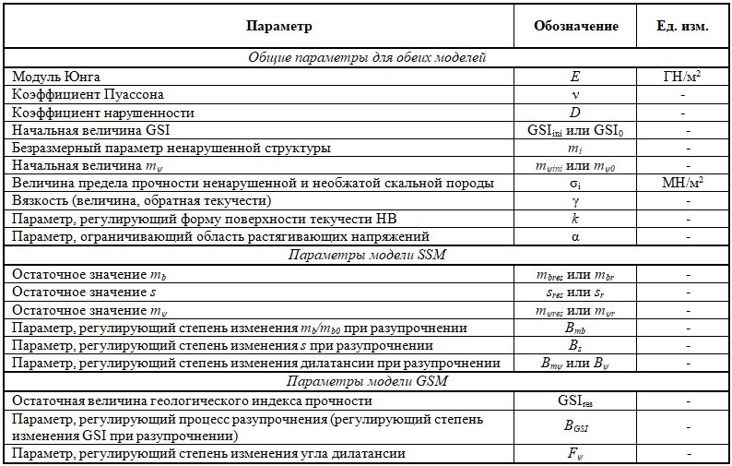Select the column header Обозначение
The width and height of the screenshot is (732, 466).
pos(576,27)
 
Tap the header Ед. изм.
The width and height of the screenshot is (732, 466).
pos(683,27)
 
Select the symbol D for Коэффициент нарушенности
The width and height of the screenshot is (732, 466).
pos(576,113)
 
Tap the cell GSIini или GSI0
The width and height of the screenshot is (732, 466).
pos(576,130)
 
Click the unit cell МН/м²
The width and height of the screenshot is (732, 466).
pos(682,183)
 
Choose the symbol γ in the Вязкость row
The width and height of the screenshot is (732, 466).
pos(576,200)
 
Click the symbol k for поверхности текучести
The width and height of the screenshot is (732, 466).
pos(576,219)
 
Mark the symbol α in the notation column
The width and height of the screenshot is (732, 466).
pos(576,236)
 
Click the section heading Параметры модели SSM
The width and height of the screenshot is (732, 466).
pos(367,254)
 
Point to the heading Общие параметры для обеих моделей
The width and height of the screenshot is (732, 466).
pos(367,57)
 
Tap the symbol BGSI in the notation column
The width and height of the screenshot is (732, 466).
pos(576,427)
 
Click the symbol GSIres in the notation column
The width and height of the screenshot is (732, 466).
pos(576,402)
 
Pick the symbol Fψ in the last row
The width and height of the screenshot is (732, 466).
pos(576,453)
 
